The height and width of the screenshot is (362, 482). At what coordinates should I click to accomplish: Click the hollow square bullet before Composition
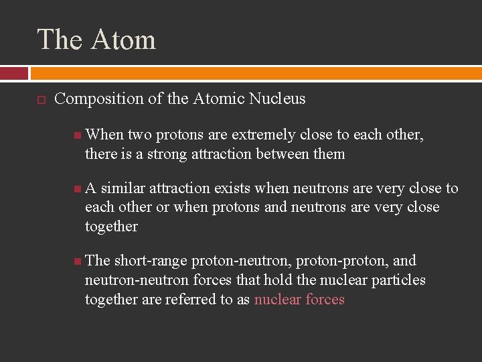coord(40,99)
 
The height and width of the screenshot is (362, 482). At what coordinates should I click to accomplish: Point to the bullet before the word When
coord(78,135)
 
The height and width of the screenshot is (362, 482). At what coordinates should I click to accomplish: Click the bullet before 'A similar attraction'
coord(78,189)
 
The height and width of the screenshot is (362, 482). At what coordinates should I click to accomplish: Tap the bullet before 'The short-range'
coord(78,261)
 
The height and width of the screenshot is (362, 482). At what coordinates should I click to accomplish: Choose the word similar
coord(123,188)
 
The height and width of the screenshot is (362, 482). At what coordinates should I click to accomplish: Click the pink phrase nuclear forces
coord(299,299)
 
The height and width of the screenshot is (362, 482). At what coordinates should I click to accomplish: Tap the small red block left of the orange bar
coord(14,73)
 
